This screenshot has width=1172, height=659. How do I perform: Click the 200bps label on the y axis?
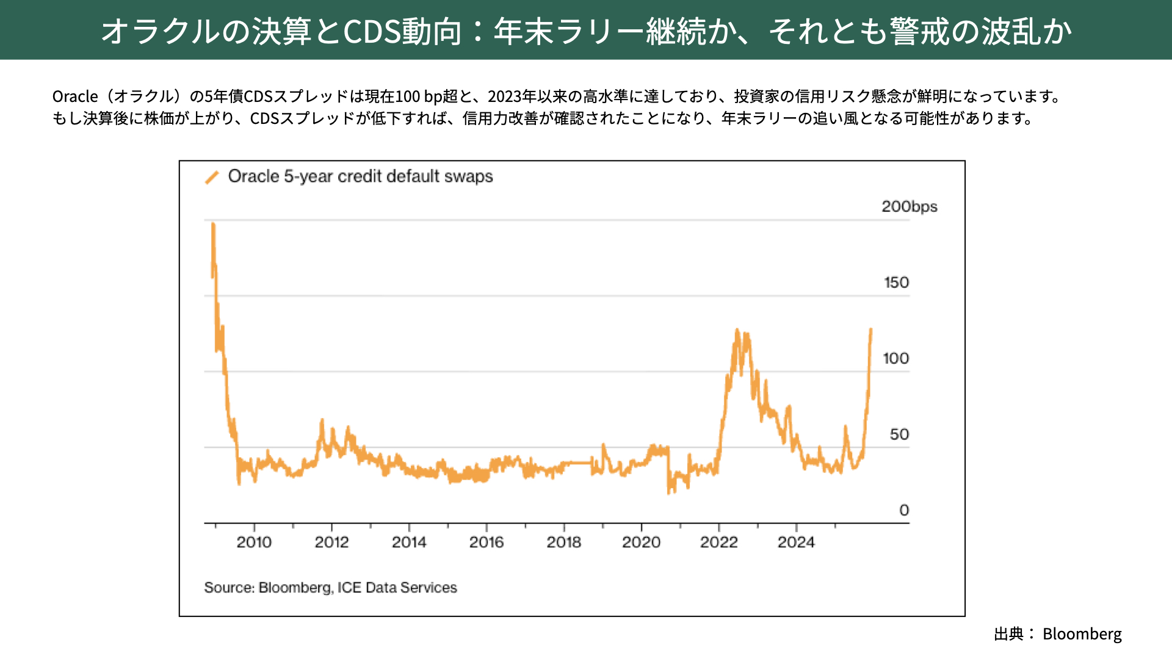pyautogui.click(x=909, y=207)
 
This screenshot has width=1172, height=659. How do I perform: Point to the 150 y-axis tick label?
pyautogui.click(x=896, y=283)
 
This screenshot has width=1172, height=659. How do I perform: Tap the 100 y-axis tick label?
pyautogui.click(x=895, y=359)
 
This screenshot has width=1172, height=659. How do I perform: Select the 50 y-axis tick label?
pyautogui.click(x=899, y=434)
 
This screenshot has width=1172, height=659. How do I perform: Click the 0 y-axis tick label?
pyautogui.click(x=904, y=510)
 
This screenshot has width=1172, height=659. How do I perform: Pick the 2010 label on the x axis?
pyautogui.click(x=254, y=542)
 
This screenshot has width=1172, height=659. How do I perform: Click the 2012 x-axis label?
pyautogui.click(x=331, y=542)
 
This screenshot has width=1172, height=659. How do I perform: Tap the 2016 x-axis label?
pyautogui.click(x=487, y=542)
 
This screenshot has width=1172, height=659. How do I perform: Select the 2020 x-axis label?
pyautogui.click(x=641, y=542)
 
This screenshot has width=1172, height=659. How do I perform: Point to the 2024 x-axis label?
pyautogui.click(x=796, y=542)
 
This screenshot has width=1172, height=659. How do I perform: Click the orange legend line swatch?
pyautogui.click(x=212, y=178)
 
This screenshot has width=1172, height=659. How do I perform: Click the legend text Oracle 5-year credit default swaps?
pyautogui.click(x=360, y=176)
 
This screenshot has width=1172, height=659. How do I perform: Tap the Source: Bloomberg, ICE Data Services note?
pyautogui.click(x=330, y=588)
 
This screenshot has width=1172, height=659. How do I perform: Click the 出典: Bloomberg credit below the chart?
pyautogui.click(x=1058, y=634)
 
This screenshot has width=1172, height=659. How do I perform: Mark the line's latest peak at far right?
pyautogui.click(x=870, y=330)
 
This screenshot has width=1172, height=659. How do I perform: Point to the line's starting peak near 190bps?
pyautogui.click(x=213, y=225)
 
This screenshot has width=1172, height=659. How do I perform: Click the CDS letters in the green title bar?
pyautogui.click(x=372, y=31)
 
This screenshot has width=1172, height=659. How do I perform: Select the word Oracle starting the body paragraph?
pyautogui.click(x=75, y=96)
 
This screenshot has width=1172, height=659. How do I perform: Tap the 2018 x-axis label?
pyautogui.click(x=563, y=542)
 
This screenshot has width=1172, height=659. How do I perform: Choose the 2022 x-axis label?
pyautogui.click(x=718, y=542)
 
